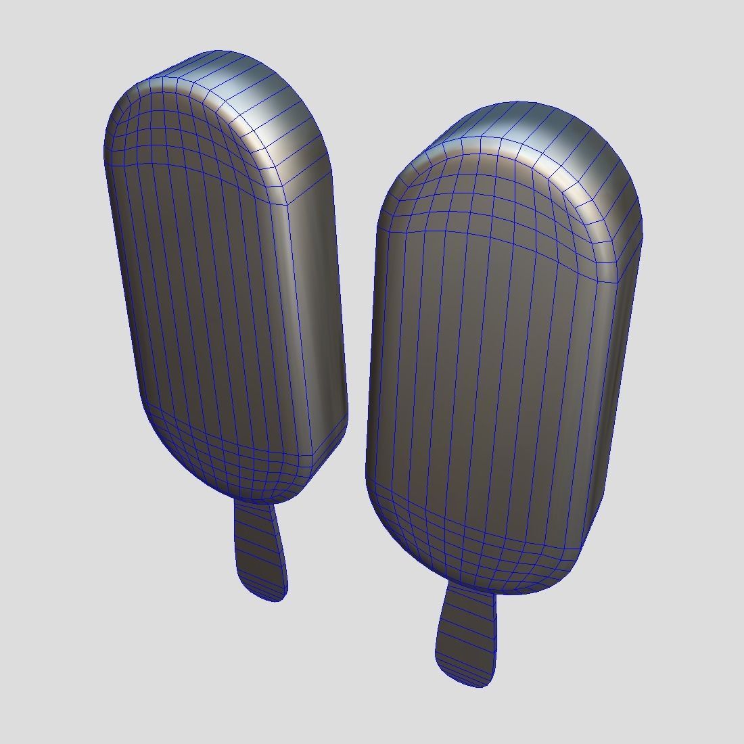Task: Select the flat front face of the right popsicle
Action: tap(487, 379)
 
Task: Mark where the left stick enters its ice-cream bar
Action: tap(255, 503)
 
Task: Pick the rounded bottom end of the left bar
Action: tap(237, 467)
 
